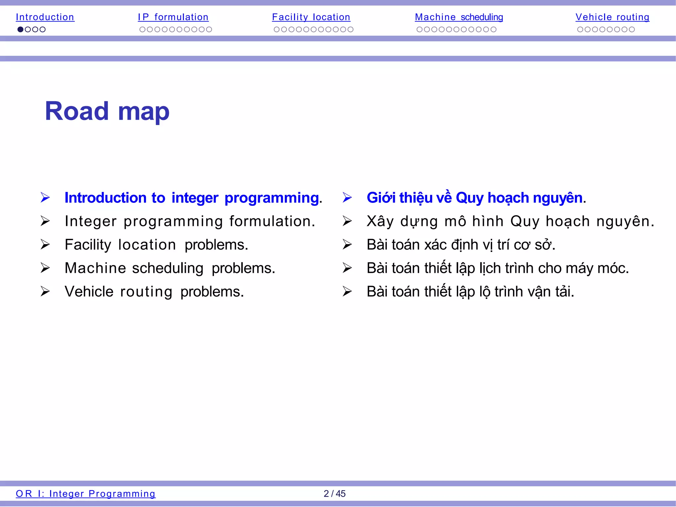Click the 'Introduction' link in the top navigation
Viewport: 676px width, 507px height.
[x=45, y=17]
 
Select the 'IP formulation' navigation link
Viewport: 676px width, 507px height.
[x=173, y=17]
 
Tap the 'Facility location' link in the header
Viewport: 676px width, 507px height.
[x=311, y=17]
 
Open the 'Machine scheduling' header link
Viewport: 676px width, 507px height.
[x=459, y=17]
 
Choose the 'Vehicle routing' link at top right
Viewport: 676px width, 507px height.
[x=612, y=17]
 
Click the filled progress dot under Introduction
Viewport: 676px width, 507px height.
[x=20, y=29]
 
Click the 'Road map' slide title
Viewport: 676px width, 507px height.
[x=107, y=111]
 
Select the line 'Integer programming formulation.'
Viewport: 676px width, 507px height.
[x=190, y=221]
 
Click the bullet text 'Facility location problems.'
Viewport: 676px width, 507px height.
[x=156, y=245]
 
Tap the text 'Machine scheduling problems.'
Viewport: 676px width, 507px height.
[x=170, y=268]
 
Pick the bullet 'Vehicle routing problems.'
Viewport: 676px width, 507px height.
[x=154, y=292]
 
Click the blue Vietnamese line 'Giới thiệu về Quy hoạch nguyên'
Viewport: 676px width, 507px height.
[x=475, y=198]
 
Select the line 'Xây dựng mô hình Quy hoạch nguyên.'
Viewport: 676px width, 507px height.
[x=510, y=221]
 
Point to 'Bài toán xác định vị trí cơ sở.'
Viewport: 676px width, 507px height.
[x=461, y=245]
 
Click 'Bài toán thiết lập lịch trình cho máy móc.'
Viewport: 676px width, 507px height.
[x=497, y=268]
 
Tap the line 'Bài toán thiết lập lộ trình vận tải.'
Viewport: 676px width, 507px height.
[x=470, y=292]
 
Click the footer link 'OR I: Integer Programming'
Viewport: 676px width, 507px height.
[x=85, y=493]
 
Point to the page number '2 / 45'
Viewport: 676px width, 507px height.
[x=334, y=493]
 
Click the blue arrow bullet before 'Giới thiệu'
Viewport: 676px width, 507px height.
[x=347, y=198]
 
